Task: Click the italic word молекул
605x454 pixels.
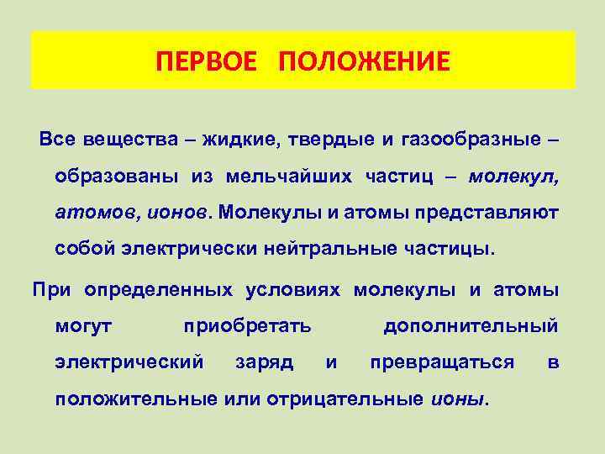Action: tap(513, 177)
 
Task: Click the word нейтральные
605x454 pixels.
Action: tap(335, 250)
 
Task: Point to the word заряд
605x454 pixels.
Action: tap(264, 362)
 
